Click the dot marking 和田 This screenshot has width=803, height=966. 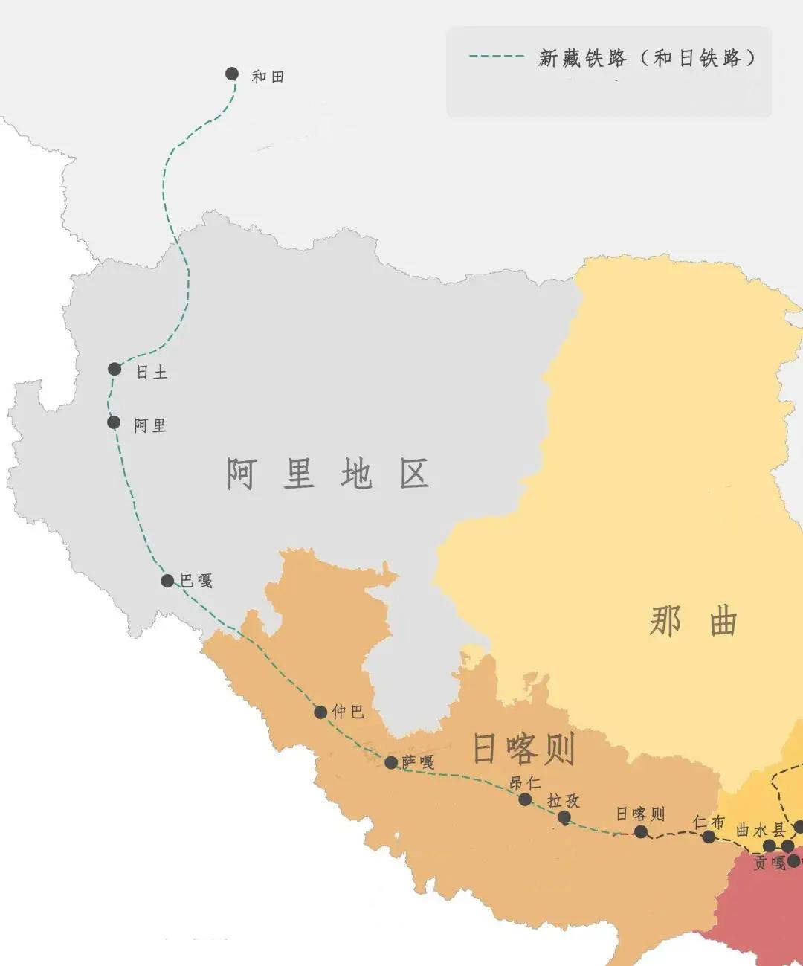(232, 74)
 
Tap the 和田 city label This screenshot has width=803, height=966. (268, 77)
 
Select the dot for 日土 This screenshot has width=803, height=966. (115, 369)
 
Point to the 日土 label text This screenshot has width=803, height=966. (152, 372)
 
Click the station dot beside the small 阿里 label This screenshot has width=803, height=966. (114, 422)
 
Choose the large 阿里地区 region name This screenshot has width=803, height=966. (327, 474)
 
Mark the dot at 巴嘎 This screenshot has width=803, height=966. (167, 581)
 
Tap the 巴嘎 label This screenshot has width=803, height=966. (196, 581)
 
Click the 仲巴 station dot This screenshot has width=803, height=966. (320, 712)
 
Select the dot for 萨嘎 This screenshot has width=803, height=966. (391, 762)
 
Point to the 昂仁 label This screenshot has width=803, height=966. (525, 783)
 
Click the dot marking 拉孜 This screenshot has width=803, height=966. (564, 817)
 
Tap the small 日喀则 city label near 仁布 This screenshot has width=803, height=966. (640, 814)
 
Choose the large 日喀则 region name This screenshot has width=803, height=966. (524, 749)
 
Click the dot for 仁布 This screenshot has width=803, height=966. (709, 837)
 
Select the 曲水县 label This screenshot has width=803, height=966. (761, 830)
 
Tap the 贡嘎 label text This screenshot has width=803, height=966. (770, 863)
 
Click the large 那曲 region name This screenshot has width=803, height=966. (693, 621)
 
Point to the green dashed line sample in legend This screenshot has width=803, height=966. (496, 57)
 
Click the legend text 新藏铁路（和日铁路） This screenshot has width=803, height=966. (647, 58)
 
